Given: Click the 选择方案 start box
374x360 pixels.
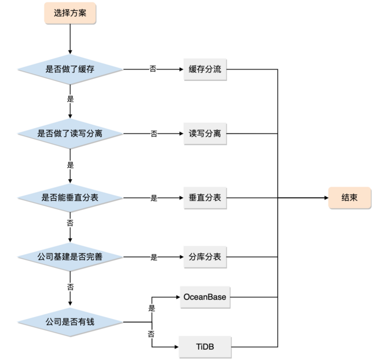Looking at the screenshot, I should coord(69,14).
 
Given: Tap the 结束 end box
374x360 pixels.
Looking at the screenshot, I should coord(349,197).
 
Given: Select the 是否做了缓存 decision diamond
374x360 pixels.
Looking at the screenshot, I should coord(69,69).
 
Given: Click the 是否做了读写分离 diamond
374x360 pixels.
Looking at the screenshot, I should coord(69,133).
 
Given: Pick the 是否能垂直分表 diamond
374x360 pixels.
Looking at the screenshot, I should coord(69,197).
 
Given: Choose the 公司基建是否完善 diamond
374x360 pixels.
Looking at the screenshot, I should coord(69,257).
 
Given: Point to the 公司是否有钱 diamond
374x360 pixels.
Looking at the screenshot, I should coord(69,322).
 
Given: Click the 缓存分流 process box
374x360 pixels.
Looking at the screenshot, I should coord(205,69).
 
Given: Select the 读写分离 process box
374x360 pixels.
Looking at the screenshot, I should coord(205,133).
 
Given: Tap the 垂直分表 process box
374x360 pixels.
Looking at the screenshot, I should coord(205,197).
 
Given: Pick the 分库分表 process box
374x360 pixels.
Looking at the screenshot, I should coord(205,257).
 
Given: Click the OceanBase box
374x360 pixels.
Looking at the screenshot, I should coord(205,296).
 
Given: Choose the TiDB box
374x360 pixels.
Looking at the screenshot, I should coord(205,347).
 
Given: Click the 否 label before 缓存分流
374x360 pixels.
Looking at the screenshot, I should coord(153,69).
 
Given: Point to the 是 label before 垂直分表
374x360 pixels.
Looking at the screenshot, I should coord(153,198).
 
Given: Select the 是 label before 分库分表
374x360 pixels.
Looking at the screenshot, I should coord(153,257).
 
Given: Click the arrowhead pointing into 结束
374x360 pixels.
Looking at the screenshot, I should coord(325,197).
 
